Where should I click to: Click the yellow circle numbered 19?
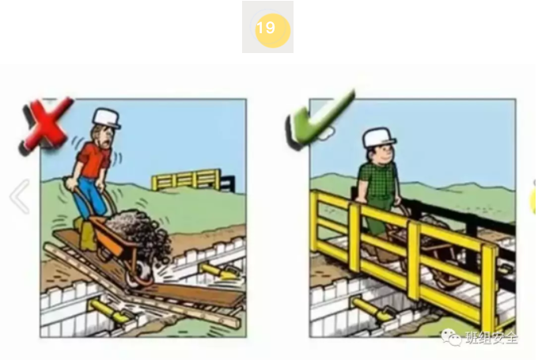[x=267, y=28]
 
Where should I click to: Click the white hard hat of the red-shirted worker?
[x=106, y=118]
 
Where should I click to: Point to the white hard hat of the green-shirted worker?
[x=379, y=138]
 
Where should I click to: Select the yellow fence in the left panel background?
[x=186, y=180]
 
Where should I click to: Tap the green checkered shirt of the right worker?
[x=373, y=183]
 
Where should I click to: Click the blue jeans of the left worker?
[x=87, y=203]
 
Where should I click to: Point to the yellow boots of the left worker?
[x=86, y=235]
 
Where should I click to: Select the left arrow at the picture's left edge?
[x=20, y=198]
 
